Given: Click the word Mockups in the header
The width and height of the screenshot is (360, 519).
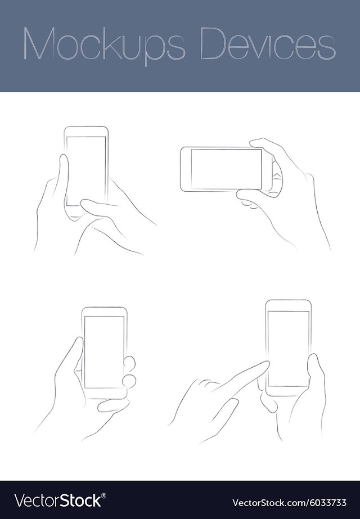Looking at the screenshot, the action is (x=104, y=45).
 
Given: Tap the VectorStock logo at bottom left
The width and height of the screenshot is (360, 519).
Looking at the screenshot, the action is (x=60, y=500).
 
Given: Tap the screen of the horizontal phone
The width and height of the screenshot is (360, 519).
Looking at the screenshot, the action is (x=226, y=169).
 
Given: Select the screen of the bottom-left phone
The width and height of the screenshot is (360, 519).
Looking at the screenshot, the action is (x=104, y=352).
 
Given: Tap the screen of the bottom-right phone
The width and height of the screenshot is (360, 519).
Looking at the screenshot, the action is (x=288, y=349).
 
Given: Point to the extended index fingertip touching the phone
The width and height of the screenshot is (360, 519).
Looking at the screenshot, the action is (x=265, y=364).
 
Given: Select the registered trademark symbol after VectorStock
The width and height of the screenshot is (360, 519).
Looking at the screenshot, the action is (x=103, y=495).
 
